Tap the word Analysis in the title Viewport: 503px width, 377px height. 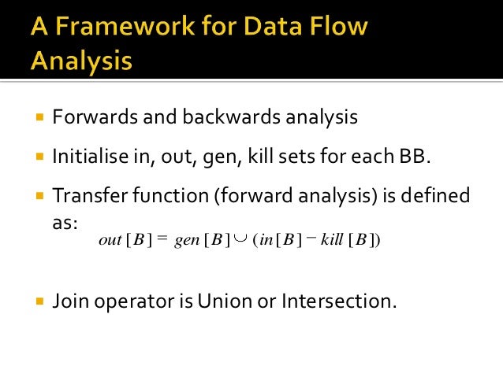click(81, 61)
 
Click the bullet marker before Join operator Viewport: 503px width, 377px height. click(39, 301)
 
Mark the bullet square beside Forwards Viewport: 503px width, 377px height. click(39, 118)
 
